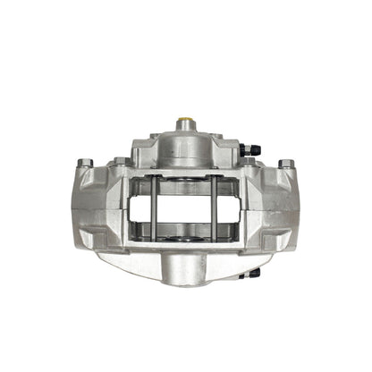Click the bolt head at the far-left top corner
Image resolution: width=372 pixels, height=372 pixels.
click(x=85, y=163)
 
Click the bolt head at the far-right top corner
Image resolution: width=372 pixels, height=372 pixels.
click(x=286, y=164)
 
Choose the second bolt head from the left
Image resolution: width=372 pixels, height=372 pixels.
click(x=121, y=162)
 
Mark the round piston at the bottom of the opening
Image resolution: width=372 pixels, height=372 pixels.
click(x=184, y=238)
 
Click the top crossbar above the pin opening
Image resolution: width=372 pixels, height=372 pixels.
click(x=185, y=172)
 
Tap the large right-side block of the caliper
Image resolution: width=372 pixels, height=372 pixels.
click(x=272, y=210)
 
